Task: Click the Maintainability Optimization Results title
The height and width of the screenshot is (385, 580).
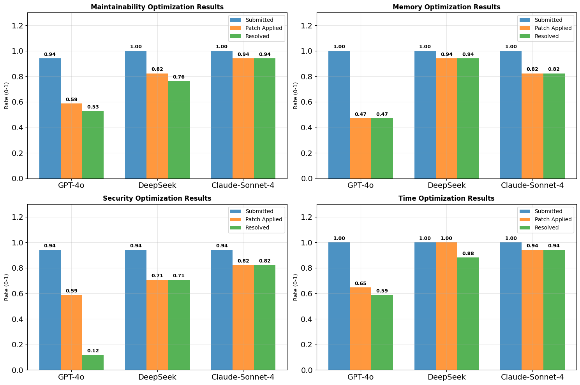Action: (157, 7)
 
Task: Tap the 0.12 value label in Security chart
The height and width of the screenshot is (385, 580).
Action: (93, 351)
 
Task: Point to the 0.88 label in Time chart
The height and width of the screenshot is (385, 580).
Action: (468, 254)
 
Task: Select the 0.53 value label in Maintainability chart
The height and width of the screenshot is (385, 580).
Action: (93, 107)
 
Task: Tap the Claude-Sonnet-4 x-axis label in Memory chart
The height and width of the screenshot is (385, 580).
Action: (532, 185)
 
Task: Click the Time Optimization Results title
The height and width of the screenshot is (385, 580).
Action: (446, 198)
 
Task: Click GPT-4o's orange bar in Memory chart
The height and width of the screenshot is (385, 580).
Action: (360, 148)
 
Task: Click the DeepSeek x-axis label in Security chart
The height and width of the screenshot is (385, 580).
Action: (157, 377)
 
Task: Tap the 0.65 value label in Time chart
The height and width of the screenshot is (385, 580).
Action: (360, 283)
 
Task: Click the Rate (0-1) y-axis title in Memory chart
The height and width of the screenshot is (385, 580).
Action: (296, 96)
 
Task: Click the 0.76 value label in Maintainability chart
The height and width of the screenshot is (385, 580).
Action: (179, 77)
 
